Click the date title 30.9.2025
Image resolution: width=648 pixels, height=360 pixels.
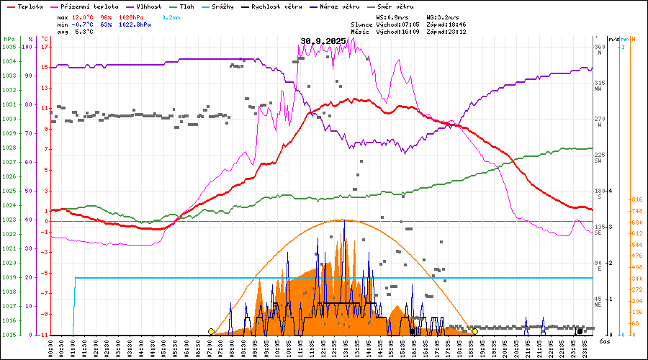pos(323,41)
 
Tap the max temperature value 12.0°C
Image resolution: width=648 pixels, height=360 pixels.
pos(84,17)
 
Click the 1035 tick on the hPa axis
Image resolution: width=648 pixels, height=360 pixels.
pos(9,47)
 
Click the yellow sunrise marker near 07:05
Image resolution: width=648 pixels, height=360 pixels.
pos(211,332)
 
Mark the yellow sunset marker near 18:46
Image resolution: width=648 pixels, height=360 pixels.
pos(474,332)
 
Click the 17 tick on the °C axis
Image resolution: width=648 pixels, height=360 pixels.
pos(45,47)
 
